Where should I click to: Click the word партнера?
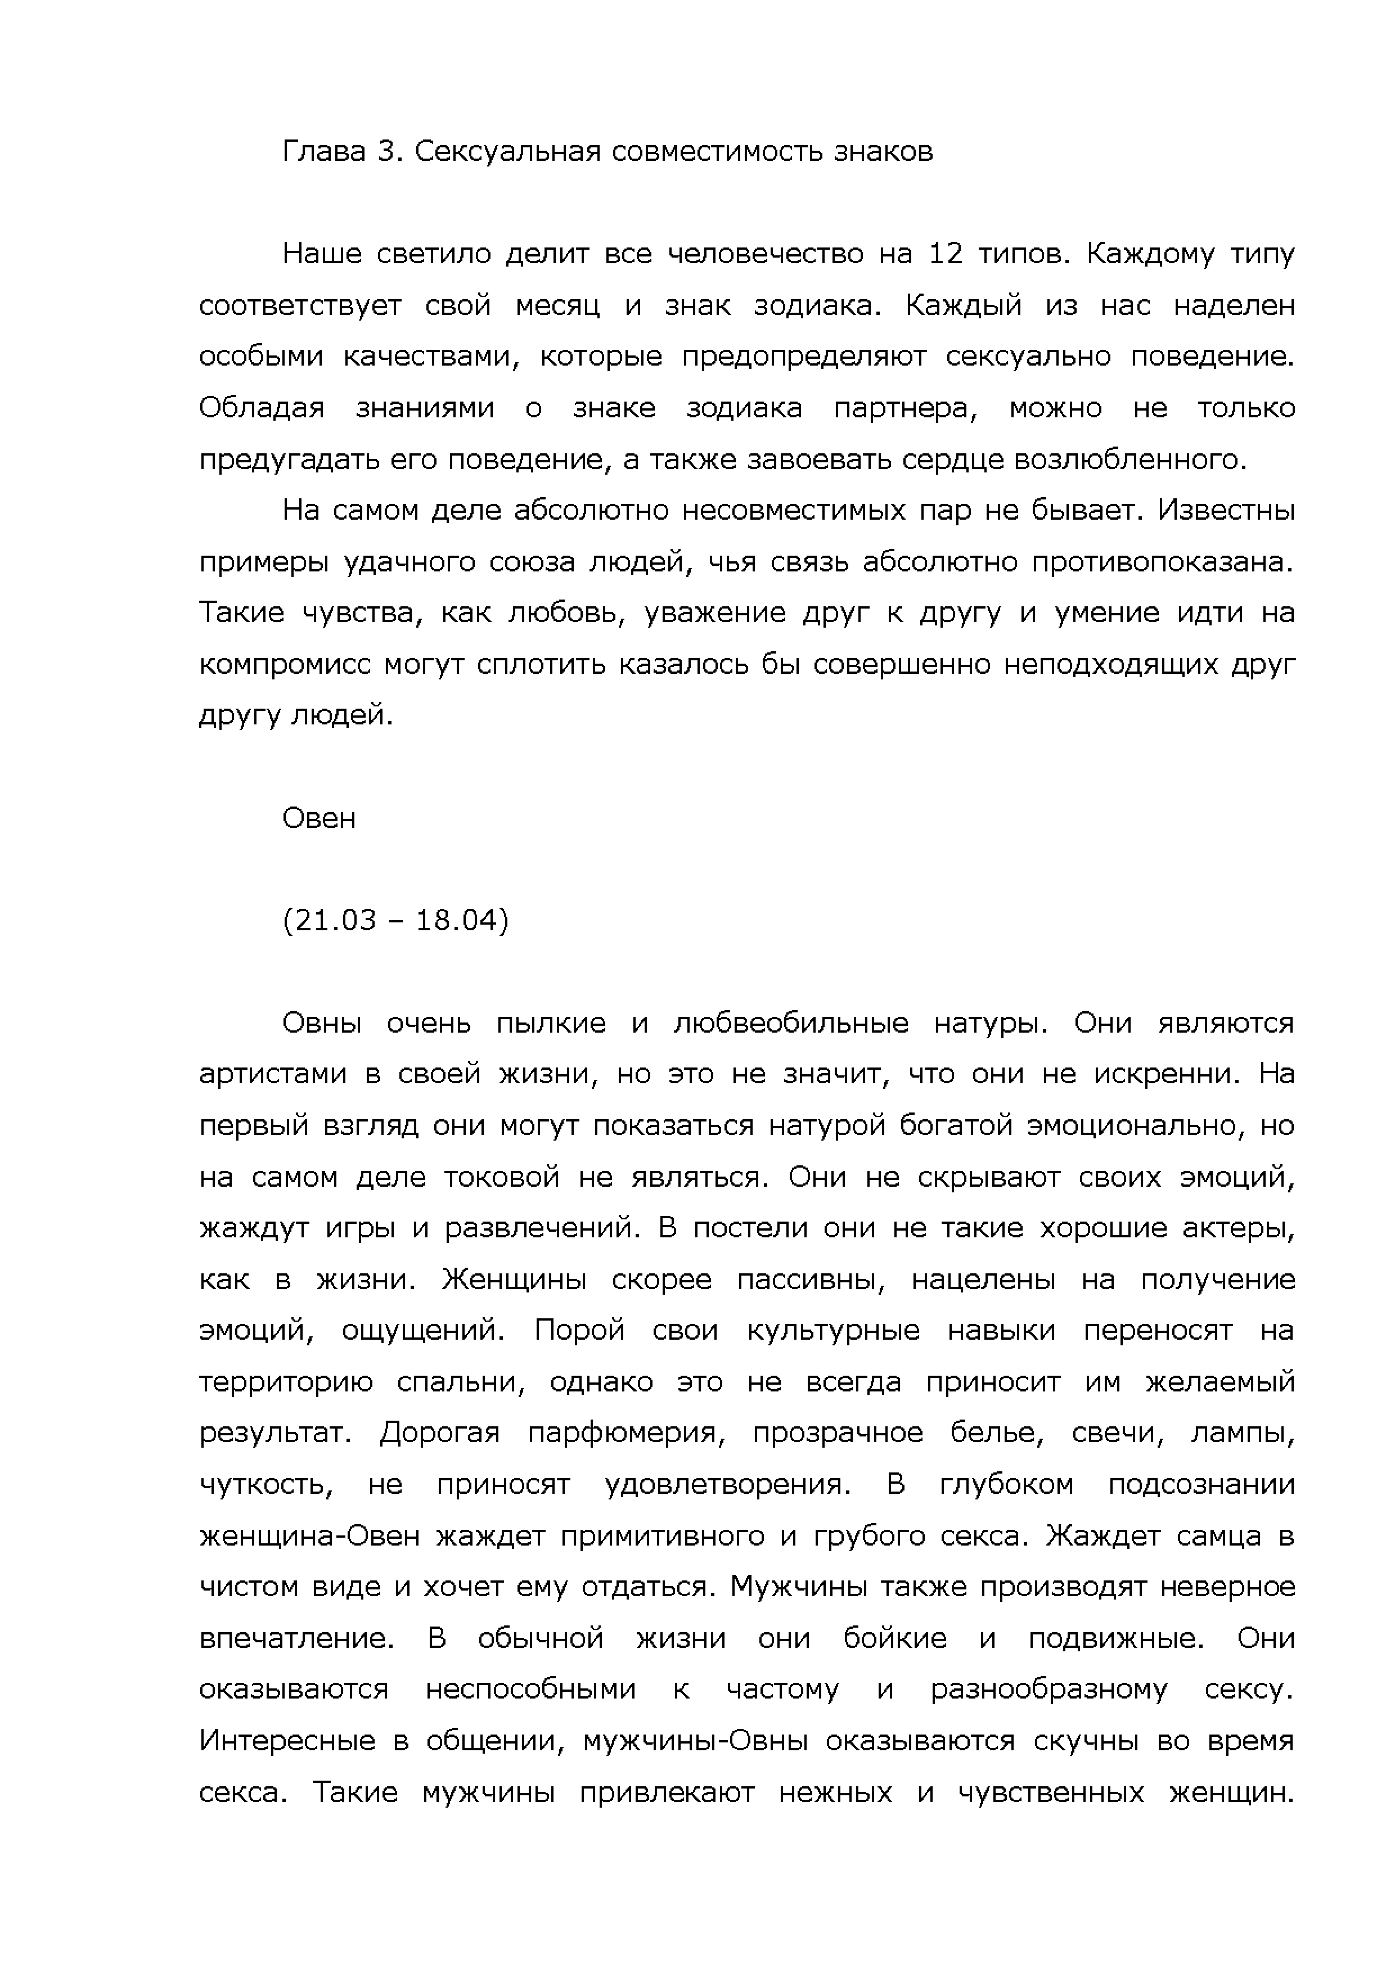[905, 408]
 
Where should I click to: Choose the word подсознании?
[1201, 1485]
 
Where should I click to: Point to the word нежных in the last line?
[835, 1792]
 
